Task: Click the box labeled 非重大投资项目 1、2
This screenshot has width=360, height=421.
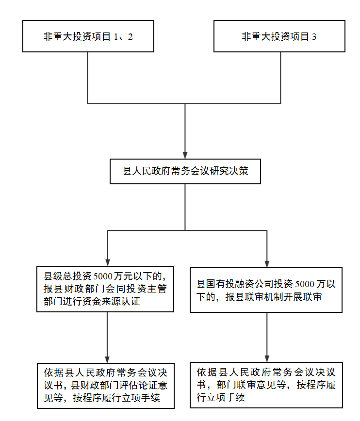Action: point(88,36)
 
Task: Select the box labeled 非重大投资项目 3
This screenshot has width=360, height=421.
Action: point(279,36)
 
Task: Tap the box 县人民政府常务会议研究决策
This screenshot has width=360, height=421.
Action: point(185,171)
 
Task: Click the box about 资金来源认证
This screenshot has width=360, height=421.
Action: point(105,289)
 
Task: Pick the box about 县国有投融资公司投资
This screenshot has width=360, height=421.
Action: point(266,290)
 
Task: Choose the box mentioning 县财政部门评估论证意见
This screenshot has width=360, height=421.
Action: point(106,386)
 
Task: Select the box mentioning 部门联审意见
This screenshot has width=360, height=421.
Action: point(266,385)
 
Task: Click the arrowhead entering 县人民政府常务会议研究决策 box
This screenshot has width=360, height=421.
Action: point(185,156)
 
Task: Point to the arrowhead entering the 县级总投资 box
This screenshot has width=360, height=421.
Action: point(108,263)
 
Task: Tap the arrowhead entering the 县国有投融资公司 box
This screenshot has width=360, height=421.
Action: point(267,264)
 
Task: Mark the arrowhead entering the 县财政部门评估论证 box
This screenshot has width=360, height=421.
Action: point(107,360)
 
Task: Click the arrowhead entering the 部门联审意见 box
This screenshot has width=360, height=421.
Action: point(267,359)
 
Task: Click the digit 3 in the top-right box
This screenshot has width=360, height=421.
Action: point(314,37)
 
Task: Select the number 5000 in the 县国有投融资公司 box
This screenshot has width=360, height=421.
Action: point(305,284)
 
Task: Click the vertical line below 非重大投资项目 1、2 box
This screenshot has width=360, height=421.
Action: point(87,78)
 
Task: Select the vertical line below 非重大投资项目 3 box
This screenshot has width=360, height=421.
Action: point(281,78)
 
